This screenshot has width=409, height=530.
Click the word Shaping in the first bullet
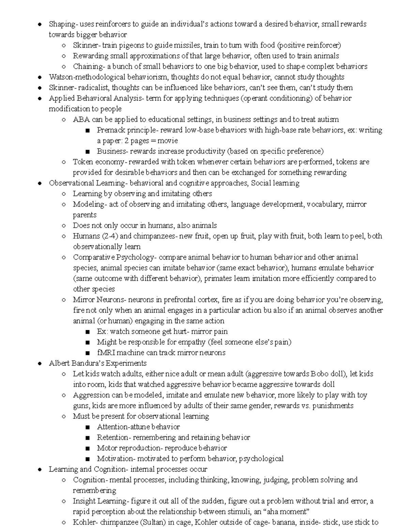click(x=62, y=24)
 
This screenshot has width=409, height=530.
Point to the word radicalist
click(x=94, y=87)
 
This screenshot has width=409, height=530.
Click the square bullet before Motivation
click(x=88, y=459)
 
